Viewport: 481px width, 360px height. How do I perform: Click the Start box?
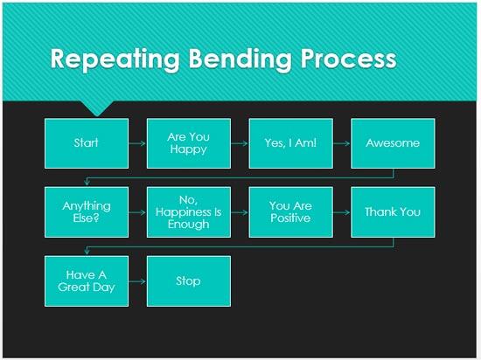click(87, 143)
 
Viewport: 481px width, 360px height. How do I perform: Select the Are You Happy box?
click(189, 143)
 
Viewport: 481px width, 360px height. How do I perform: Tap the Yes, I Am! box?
click(291, 143)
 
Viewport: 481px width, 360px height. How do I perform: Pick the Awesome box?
click(393, 143)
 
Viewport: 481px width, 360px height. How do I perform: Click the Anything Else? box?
click(87, 212)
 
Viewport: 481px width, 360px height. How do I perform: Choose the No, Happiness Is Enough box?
click(189, 212)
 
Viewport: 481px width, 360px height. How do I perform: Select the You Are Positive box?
click(291, 212)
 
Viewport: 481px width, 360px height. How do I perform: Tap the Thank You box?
click(393, 212)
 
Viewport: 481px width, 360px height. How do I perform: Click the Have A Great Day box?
click(87, 280)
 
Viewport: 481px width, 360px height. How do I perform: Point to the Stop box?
click(189, 280)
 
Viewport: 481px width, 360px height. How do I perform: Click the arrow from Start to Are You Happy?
click(137, 143)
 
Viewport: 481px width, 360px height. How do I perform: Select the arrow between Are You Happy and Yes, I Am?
click(240, 143)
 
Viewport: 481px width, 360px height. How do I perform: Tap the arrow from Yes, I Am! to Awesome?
click(342, 143)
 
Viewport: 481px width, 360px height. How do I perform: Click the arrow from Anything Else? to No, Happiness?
click(137, 212)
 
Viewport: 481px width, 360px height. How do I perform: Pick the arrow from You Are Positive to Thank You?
click(342, 212)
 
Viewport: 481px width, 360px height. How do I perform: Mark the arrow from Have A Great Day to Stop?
click(137, 280)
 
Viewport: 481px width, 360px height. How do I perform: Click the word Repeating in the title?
click(108, 59)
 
